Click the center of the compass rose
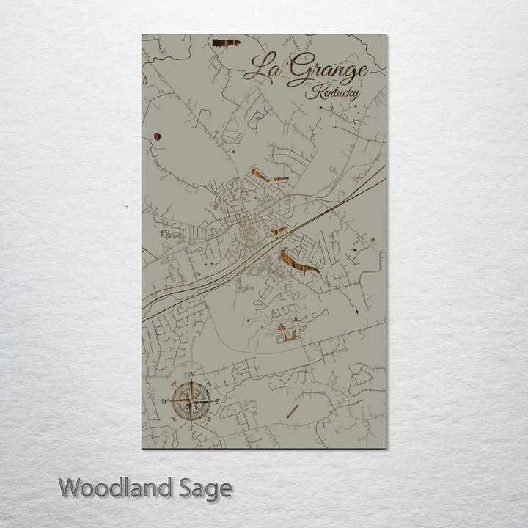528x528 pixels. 194,400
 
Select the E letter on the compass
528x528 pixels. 218,400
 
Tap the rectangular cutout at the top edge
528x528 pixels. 226,43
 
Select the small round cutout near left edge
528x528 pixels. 158,136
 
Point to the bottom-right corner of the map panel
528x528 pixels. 386,448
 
